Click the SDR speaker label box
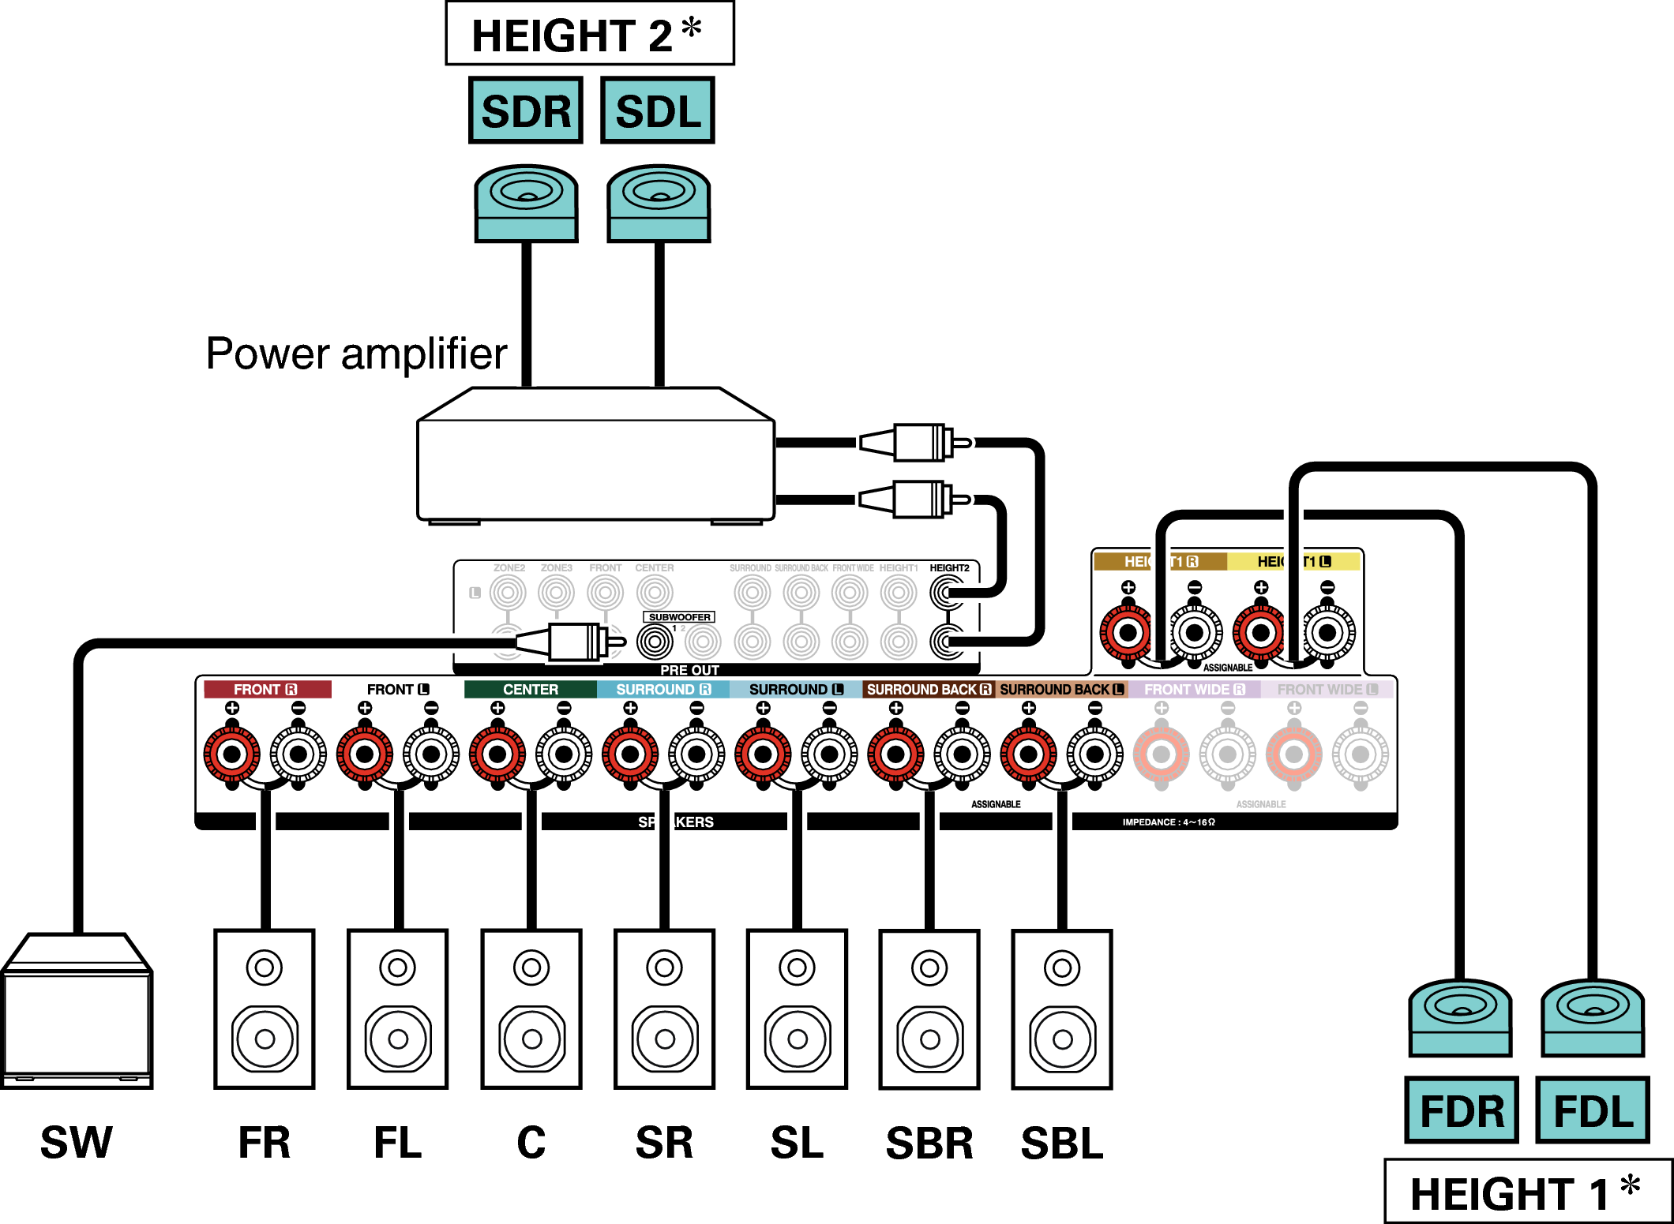pyautogui.click(x=525, y=110)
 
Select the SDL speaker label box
pyautogui.click(x=658, y=110)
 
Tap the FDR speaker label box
pyautogui.click(x=1462, y=1110)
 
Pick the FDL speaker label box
pyautogui.click(x=1593, y=1110)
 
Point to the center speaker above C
pyautogui.click(x=531, y=1009)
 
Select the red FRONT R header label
pyautogui.click(x=266, y=689)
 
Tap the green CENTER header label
pyautogui.click(x=530, y=689)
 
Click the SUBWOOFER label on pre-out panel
pyautogui.click(x=679, y=617)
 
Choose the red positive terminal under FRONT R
pyautogui.click(x=232, y=754)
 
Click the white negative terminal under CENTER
pyautogui.click(x=564, y=754)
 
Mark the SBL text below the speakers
pyautogui.click(x=1062, y=1143)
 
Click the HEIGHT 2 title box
pyautogui.click(x=589, y=34)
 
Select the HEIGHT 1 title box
pyautogui.click(x=1527, y=1192)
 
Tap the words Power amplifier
pyautogui.click(x=356, y=354)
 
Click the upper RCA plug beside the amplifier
pyautogui.click(x=916, y=442)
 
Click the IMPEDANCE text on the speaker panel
pyautogui.click(x=1169, y=822)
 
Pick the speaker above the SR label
pyautogui.click(x=665, y=1009)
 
